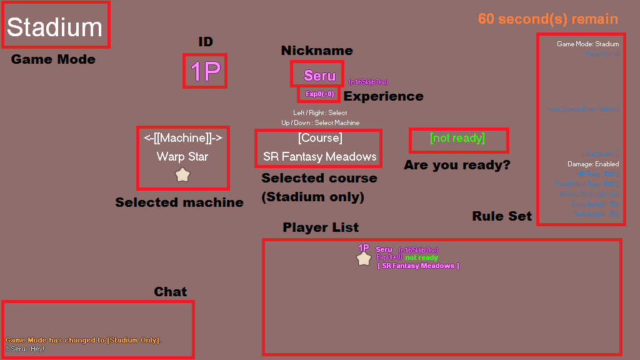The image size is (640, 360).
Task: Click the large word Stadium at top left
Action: point(54,27)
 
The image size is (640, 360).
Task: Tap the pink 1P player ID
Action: point(204,72)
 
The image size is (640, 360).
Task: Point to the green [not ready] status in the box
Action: point(457,138)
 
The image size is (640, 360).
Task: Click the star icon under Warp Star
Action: point(182,175)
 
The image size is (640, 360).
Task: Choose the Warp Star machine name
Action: point(182,156)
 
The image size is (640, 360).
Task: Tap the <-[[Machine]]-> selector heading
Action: point(182,138)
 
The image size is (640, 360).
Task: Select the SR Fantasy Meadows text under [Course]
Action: point(320,156)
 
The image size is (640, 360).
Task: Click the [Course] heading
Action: point(320,138)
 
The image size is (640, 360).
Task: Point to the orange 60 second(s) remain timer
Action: point(548,19)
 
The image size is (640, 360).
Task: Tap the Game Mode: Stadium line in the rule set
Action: point(588,44)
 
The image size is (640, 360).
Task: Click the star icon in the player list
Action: point(364,258)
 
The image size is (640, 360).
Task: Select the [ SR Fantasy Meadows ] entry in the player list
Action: point(418,266)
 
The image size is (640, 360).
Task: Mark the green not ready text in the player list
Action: point(422,257)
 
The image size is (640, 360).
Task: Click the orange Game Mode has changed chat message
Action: point(83,340)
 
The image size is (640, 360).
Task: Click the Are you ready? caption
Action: point(457,166)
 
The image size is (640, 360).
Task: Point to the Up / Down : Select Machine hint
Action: point(320,123)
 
